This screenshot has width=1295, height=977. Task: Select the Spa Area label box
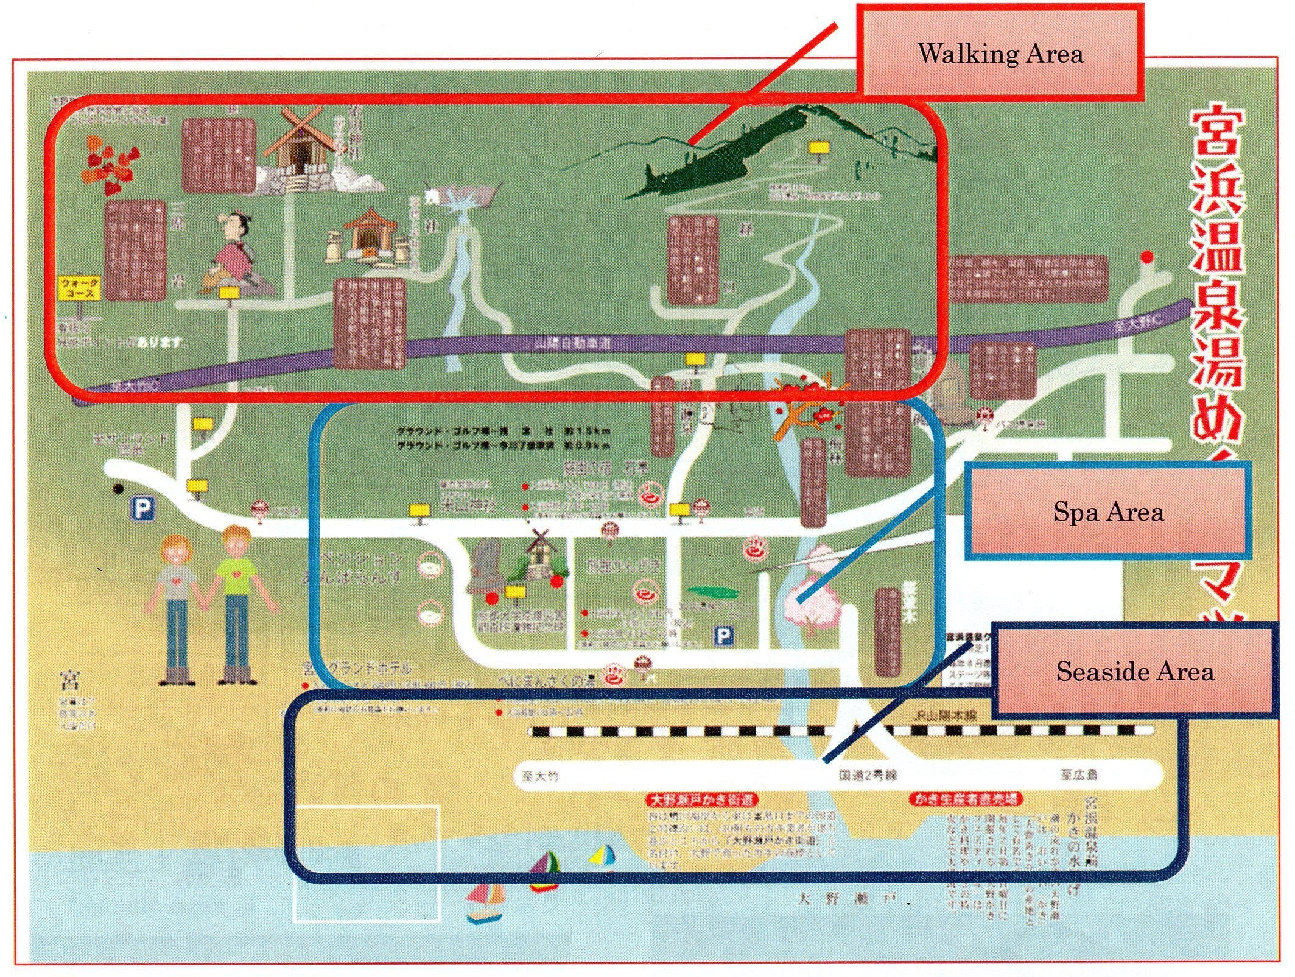click(1107, 511)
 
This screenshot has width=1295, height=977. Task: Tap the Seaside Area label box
click(1134, 671)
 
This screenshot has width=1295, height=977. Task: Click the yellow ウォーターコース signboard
click(79, 288)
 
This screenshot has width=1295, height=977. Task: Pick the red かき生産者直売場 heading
click(966, 799)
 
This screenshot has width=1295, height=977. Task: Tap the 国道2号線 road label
click(868, 775)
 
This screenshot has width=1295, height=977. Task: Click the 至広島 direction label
click(1079, 775)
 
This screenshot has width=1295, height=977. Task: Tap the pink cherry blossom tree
click(812, 594)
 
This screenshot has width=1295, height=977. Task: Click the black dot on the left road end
click(118, 488)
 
